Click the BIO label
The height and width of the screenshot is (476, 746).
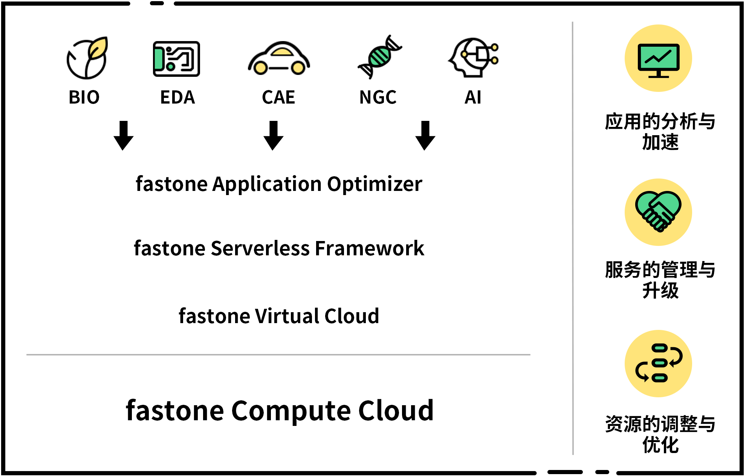84,97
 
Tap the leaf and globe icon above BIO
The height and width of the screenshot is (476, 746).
87,58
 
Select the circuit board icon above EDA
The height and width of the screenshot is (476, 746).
176,59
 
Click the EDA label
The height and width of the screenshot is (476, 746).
177,97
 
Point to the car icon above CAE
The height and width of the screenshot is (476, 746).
279,59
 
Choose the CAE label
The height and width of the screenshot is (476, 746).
278,97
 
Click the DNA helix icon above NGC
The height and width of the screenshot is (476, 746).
379,57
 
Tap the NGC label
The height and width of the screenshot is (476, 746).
378,97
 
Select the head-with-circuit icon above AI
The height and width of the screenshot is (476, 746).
474,58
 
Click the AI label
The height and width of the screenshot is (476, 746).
473,97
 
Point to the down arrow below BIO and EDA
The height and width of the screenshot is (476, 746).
124,136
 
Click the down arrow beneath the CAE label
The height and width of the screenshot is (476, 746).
274,136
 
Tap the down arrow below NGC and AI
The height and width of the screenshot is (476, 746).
425,136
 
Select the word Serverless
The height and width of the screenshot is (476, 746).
260,249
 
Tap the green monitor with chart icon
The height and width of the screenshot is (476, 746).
659,59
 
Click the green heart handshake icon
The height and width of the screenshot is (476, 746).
658,211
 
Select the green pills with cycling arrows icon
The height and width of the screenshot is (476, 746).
659,363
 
